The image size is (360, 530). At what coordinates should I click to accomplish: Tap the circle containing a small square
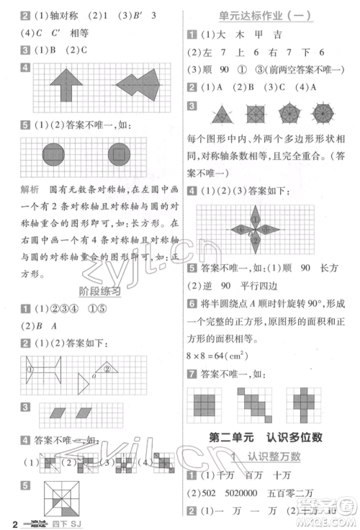tap(118, 154)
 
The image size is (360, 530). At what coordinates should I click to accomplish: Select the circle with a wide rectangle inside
tap(53, 154)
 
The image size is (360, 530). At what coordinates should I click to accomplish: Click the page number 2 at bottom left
tap(6, 521)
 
